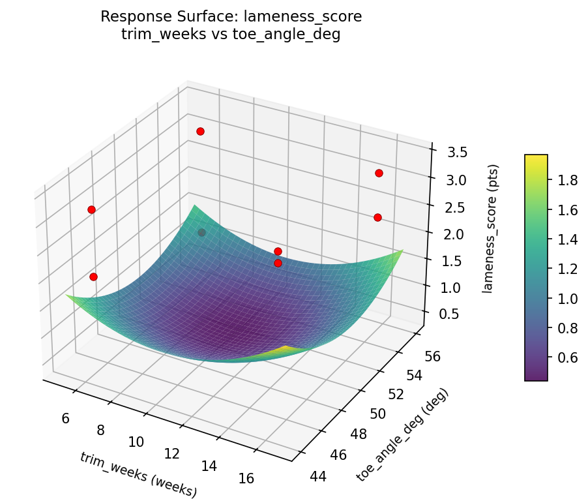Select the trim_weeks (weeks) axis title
[x=138, y=474]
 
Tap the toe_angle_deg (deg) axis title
[x=402, y=435]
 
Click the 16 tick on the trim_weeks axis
[x=246, y=478]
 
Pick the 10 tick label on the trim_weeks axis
[x=136, y=442]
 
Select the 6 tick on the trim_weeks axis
[x=66, y=418]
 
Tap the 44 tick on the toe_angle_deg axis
[x=318, y=477]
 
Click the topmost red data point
[x=200, y=131]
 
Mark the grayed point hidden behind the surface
[x=201, y=232]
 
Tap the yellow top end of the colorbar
[x=536, y=158]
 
